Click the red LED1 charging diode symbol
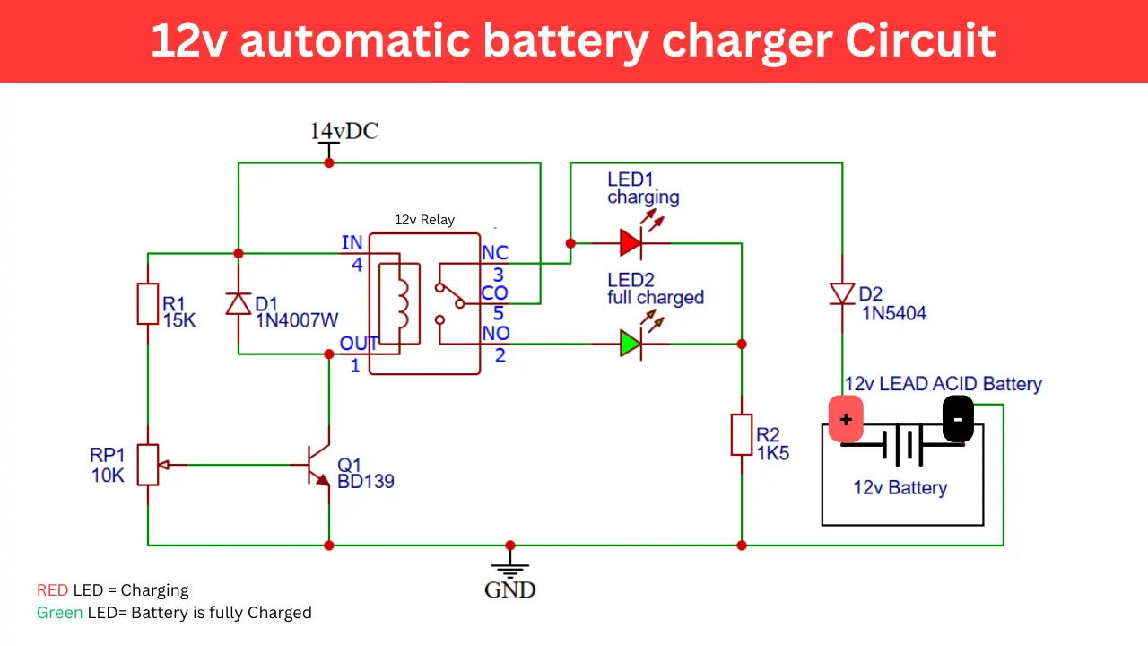(631, 242)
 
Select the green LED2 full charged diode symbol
(631, 344)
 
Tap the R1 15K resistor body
(148, 303)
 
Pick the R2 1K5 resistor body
(742, 435)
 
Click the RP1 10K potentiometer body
(148, 465)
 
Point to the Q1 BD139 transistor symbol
(318, 465)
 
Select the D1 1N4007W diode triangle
(239, 303)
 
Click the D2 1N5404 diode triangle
(842, 293)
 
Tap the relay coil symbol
(399, 303)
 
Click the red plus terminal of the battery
(846, 419)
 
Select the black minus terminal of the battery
(958, 419)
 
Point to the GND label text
(510, 590)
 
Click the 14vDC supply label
(344, 131)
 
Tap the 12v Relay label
(424, 220)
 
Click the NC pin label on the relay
(495, 253)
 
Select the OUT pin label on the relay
(359, 344)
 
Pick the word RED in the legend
(52, 590)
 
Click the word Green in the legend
(59, 613)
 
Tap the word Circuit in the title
(920, 40)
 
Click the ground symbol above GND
(510, 565)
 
